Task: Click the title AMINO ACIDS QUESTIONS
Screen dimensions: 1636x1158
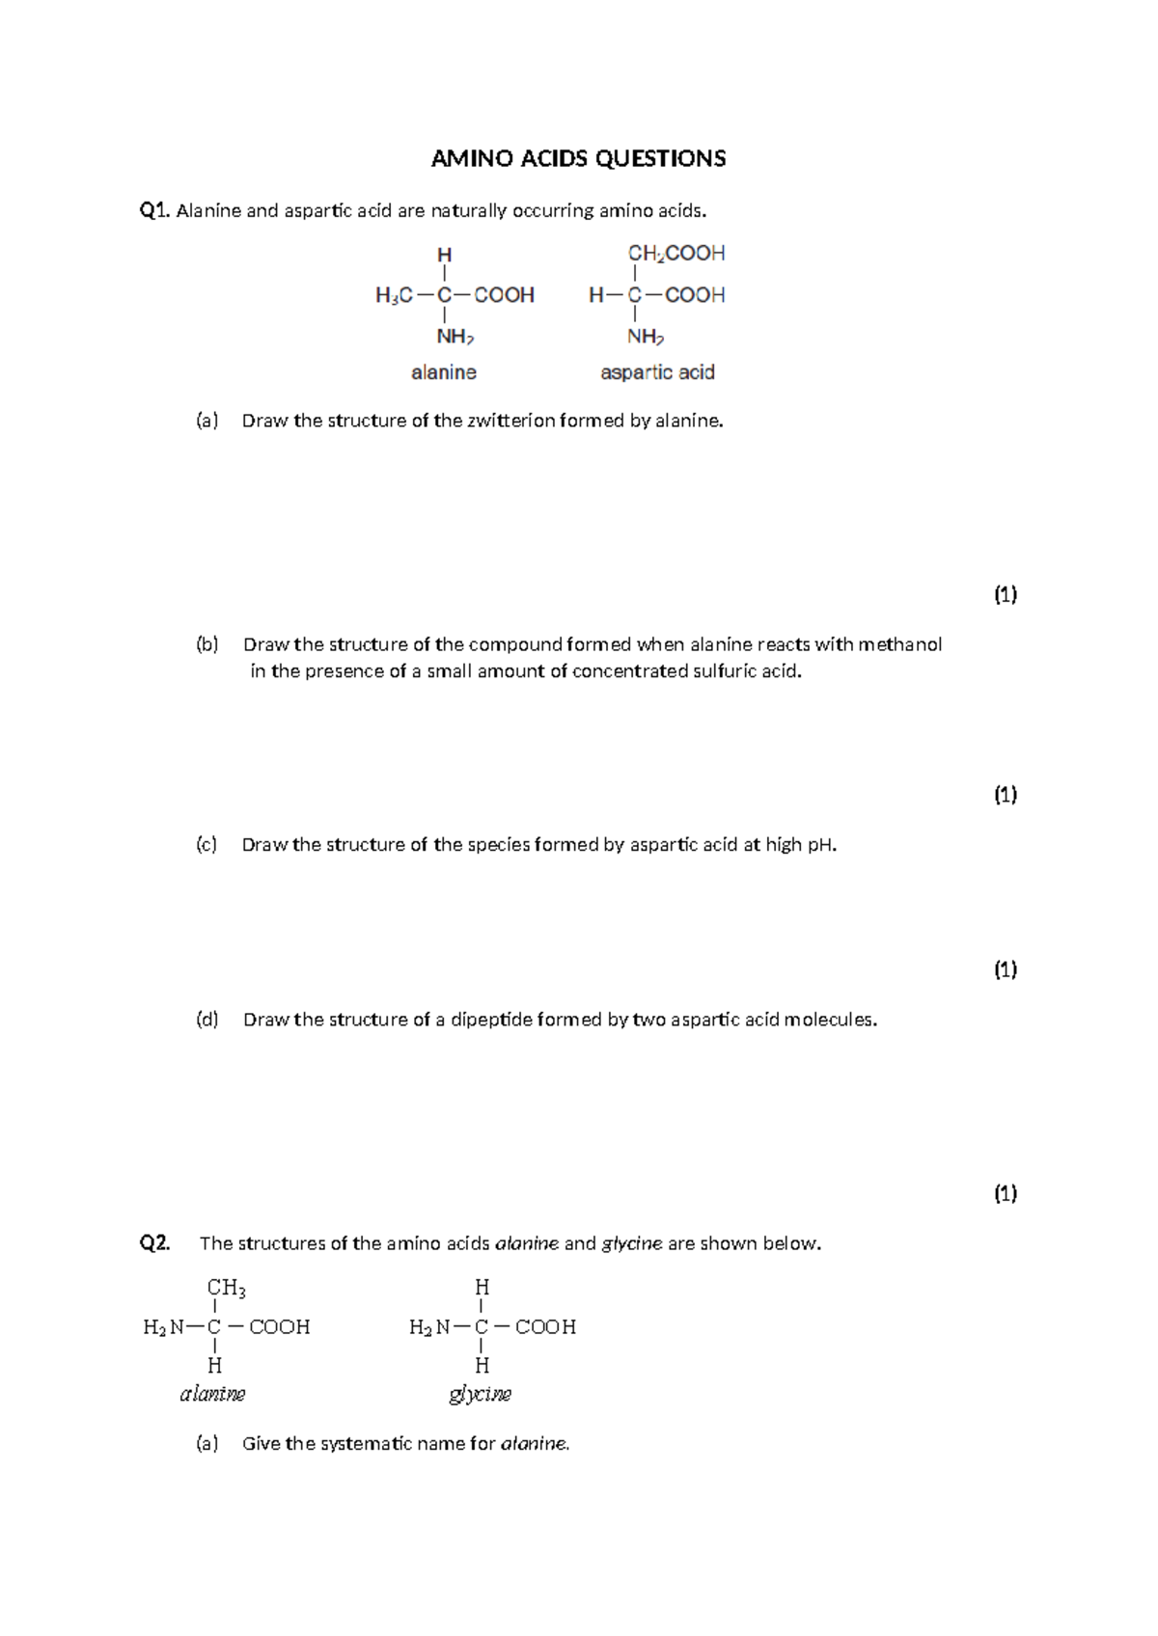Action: click(x=578, y=159)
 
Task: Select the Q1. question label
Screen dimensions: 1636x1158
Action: click(x=154, y=210)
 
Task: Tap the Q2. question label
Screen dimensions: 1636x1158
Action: click(x=154, y=1243)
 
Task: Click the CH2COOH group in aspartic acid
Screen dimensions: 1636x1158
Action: click(x=676, y=254)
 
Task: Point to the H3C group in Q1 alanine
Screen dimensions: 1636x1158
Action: click(x=394, y=295)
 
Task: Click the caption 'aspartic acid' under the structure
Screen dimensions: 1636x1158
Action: click(x=657, y=372)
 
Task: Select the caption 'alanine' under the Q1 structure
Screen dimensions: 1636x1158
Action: click(x=444, y=372)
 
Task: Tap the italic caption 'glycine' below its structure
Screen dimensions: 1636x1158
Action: click(x=480, y=1394)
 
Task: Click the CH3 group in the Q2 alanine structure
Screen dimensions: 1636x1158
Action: click(x=226, y=1287)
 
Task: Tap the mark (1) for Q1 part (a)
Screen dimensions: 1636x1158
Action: click(x=1006, y=595)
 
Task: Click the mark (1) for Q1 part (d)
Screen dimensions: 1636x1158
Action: click(x=1006, y=1194)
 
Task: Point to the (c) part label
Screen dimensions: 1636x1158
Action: click(x=207, y=845)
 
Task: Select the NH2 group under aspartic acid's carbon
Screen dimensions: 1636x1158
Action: click(x=646, y=337)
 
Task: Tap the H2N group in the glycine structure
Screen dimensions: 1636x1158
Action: click(x=428, y=1327)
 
